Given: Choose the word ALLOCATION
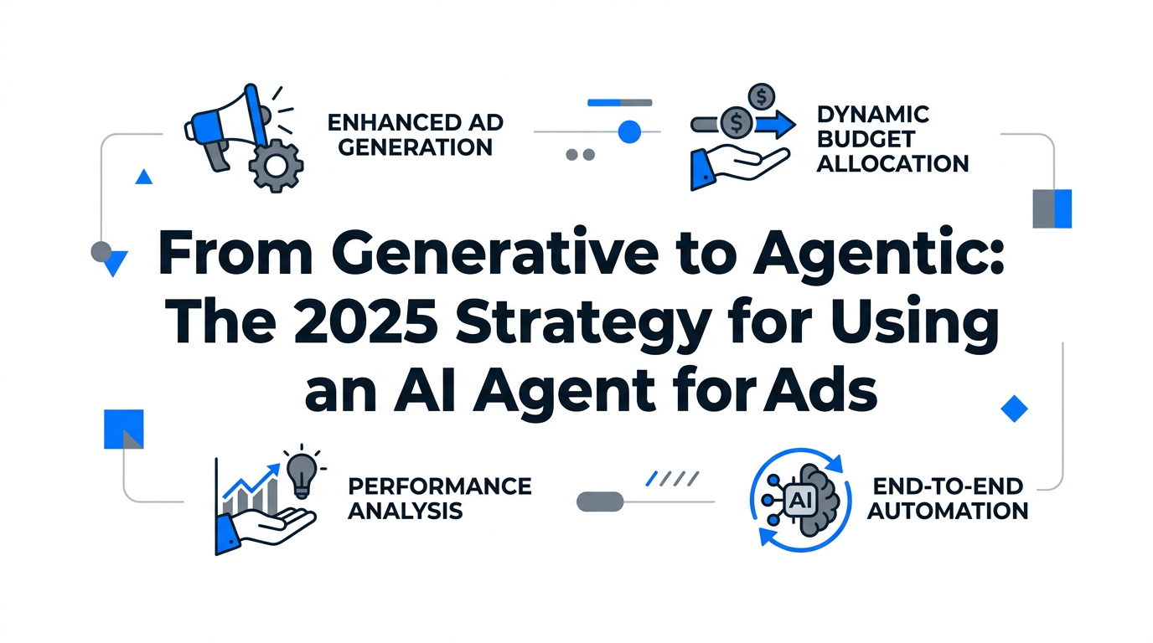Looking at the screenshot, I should pyautogui.click(x=892, y=162).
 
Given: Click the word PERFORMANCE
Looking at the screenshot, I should pyautogui.click(x=439, y=486).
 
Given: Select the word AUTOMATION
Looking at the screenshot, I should pyautogui.click(x=947, y=510).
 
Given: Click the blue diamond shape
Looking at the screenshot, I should pyautogui.click(x=1014, y=409).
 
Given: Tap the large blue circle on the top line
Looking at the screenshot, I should pyautogui.click(x=628, y=131).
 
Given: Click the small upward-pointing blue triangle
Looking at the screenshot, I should pyautogui.click(x=143, y=177).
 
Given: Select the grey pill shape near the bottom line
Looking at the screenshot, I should pyautogui.click(x=601, y=502).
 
